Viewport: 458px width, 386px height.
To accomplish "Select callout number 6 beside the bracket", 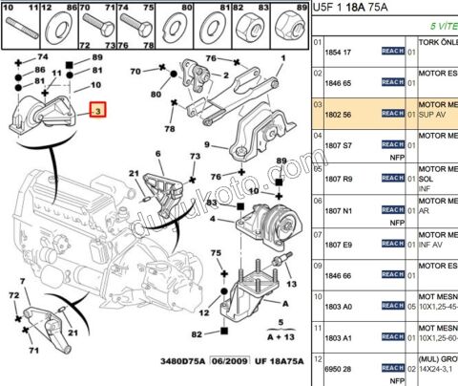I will point(158,154).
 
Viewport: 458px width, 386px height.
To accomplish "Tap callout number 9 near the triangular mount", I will point(206,145).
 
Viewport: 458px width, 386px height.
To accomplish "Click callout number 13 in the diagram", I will point(289,285).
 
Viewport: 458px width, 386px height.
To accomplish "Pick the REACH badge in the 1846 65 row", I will point(392,83).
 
